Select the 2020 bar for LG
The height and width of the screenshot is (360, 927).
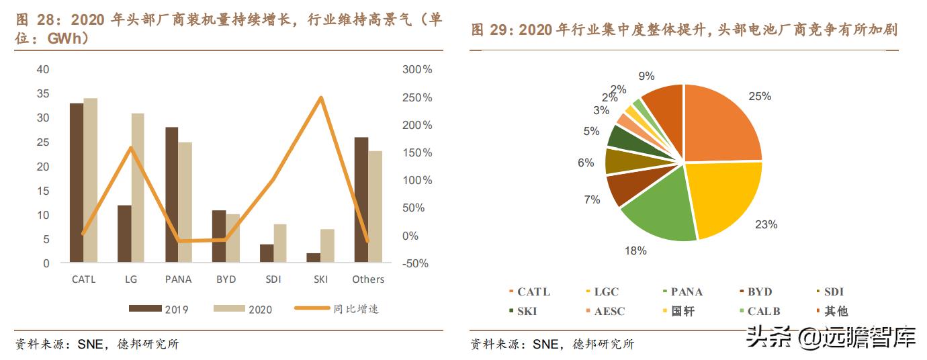pyautogui.click(x=138, y=188)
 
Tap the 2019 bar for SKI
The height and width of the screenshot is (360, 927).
pyautogui.click(x=314, y=257)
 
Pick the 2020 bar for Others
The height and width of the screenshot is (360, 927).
pyautogui.click(x=375, y=207)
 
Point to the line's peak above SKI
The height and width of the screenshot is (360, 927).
pyautogui.click(x=321, y=98)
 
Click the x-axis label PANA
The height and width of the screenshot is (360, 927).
pyautogui.click(x=178, y=279)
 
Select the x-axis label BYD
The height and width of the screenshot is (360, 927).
pyautogui.click(x=226, y=279)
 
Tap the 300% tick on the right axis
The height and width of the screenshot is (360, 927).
pyautogui.click(x=417, y=70)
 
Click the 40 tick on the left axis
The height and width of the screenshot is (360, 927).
pyautogui.click(x=43, y=70)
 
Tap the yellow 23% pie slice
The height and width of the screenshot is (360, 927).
pyautogui.click(x=725, y=198)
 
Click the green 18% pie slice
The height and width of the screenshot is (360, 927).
pyautogui.click(x=658, y=215)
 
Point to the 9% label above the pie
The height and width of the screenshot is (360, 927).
pyautogui.click(x=646, y=77)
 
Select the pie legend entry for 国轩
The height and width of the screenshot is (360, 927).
pyautogui.click(x=682, y=312)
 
